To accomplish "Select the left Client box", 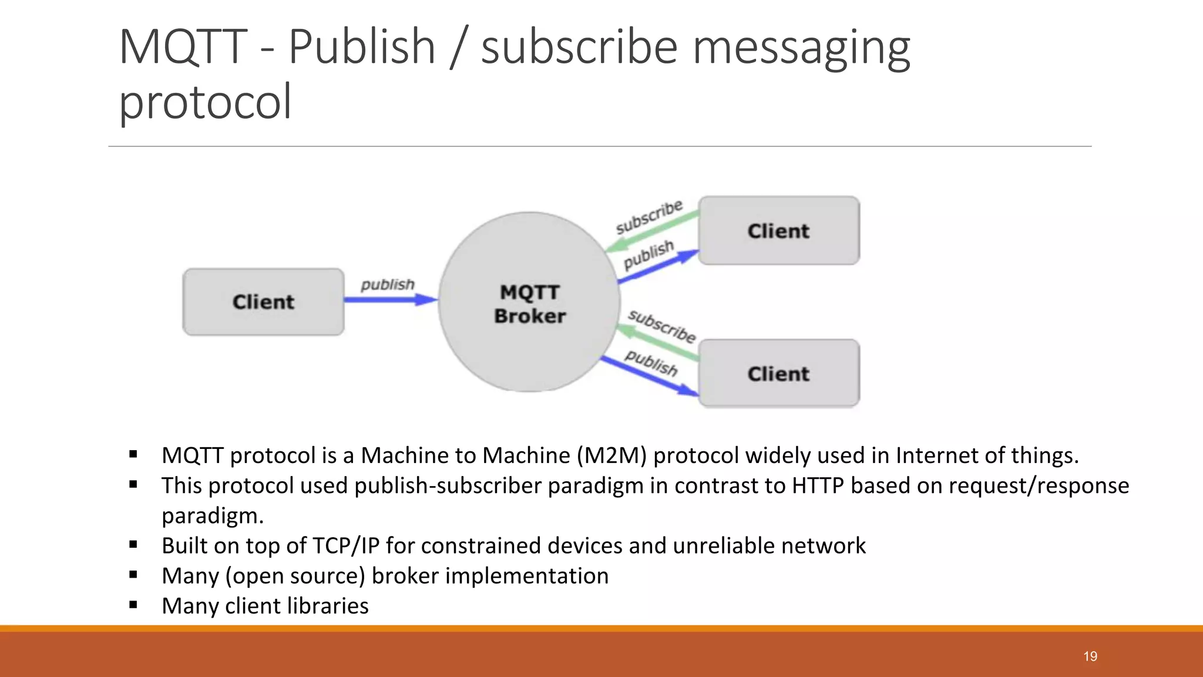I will (263, 302).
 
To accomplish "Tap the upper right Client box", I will (778, 231).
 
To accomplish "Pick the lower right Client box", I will (778, 374).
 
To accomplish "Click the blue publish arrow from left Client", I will (388, 300).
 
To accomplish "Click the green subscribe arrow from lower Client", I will (658, 344).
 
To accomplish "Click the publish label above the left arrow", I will (388, 284).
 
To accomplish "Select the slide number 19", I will (1090, 656).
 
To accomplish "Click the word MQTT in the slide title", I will (183, 47).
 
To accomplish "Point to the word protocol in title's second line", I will (205, 101).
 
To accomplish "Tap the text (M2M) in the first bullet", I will (611, 455).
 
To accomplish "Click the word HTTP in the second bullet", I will (818, 486).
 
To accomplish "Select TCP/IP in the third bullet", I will (346, 546).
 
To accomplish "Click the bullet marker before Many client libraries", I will (133, 605).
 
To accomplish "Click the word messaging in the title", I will (801, 47).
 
